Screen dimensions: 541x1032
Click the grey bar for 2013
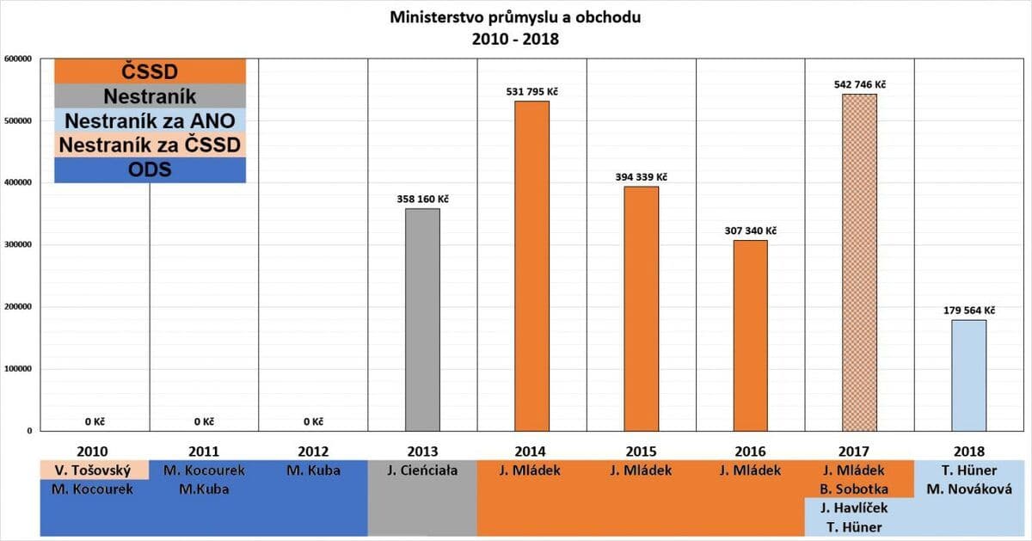tap(422, 319)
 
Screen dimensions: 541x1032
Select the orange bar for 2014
tap(531, 266)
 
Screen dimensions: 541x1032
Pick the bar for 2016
tap(750, 335)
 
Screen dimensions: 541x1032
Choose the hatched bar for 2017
tap(859, 262)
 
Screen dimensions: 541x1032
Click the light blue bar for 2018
tap(968, 375)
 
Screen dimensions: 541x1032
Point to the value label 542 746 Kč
tap(859, 84)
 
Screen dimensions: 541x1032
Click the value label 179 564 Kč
tap(968, 310)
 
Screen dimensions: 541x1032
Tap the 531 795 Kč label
tap(531, 91)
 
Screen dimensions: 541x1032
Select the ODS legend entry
tap(150, 169)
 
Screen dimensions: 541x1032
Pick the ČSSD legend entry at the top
tap(150, 71)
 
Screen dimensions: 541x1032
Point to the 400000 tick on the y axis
tap(18, 183)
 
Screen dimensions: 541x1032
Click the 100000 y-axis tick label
tap(18, 369)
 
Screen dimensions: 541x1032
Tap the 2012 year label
tap(313, 451)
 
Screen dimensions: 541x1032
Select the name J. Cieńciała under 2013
tap(422, 470)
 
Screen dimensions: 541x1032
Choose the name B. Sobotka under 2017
tap(859, 489)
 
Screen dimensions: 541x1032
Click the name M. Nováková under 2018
tap(968, 489)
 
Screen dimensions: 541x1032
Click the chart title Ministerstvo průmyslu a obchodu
tap(515, 16)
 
